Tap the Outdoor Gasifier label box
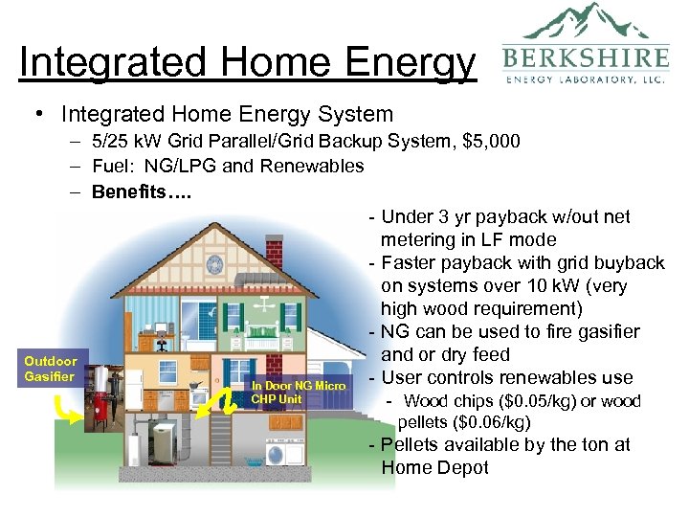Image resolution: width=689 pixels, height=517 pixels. pyautogui.click(x=51, y=369)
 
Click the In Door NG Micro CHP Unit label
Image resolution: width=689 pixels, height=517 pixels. pyautogui.click(x=298, y=392)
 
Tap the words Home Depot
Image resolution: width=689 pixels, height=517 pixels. pyautogui.click(x=434, y=467)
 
